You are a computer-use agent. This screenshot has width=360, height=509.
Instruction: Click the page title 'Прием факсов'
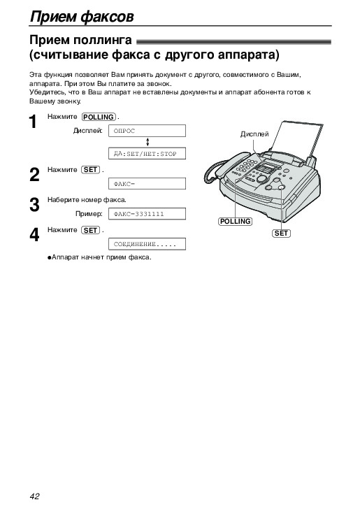(82, 16)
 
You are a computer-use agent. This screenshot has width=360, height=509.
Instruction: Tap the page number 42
(34, 496)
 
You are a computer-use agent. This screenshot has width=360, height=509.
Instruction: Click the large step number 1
(33, 122)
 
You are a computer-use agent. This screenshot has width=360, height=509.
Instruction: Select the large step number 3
(34, 205)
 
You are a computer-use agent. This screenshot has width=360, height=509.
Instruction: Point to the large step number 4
(34, 235)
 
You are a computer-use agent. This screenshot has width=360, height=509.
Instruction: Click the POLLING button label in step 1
(99, 117)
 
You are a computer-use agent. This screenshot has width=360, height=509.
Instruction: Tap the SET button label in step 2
(90, 170)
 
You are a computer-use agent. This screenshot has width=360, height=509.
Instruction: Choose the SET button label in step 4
(90, 230)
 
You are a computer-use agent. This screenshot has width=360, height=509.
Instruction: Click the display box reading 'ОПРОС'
(147, 131)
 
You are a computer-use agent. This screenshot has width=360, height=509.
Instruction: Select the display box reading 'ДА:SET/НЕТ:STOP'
(147, 154)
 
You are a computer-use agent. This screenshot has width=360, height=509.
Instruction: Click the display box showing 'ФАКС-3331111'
(147, 214)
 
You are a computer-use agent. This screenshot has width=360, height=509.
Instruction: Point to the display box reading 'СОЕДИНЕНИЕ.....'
(147, 244)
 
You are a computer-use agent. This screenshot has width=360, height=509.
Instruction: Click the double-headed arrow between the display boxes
(147, 142)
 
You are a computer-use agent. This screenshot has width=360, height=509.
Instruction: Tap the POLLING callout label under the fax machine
(235, 222)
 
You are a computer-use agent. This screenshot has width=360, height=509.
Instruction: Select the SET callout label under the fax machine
(281, 233)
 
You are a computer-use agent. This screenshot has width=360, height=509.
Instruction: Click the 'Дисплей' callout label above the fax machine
(254, 134)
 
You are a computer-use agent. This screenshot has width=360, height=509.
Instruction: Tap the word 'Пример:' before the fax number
(89, 214)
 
